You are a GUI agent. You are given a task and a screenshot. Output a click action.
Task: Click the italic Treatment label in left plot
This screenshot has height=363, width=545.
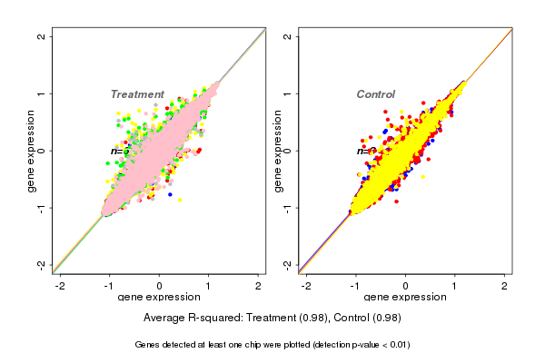[137, 94]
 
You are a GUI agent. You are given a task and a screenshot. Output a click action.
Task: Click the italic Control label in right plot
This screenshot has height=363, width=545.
[375, 94]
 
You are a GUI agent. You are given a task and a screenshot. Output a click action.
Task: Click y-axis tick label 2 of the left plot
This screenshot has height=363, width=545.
[41, 36]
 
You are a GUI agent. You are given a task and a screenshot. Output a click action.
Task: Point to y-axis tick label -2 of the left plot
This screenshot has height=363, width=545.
[41, 265]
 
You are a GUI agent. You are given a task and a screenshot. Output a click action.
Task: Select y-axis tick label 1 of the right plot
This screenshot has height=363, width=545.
[288, 93]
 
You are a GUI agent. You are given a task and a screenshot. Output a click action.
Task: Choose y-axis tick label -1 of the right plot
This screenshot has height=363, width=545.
[288, 208]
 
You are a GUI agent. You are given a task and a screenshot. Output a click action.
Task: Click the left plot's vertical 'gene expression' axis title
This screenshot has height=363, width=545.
[32, 151]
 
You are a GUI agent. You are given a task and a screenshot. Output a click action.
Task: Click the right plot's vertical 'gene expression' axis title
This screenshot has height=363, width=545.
[279, 151]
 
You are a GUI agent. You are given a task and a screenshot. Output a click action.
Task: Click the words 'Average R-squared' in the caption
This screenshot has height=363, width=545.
[188, 319]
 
